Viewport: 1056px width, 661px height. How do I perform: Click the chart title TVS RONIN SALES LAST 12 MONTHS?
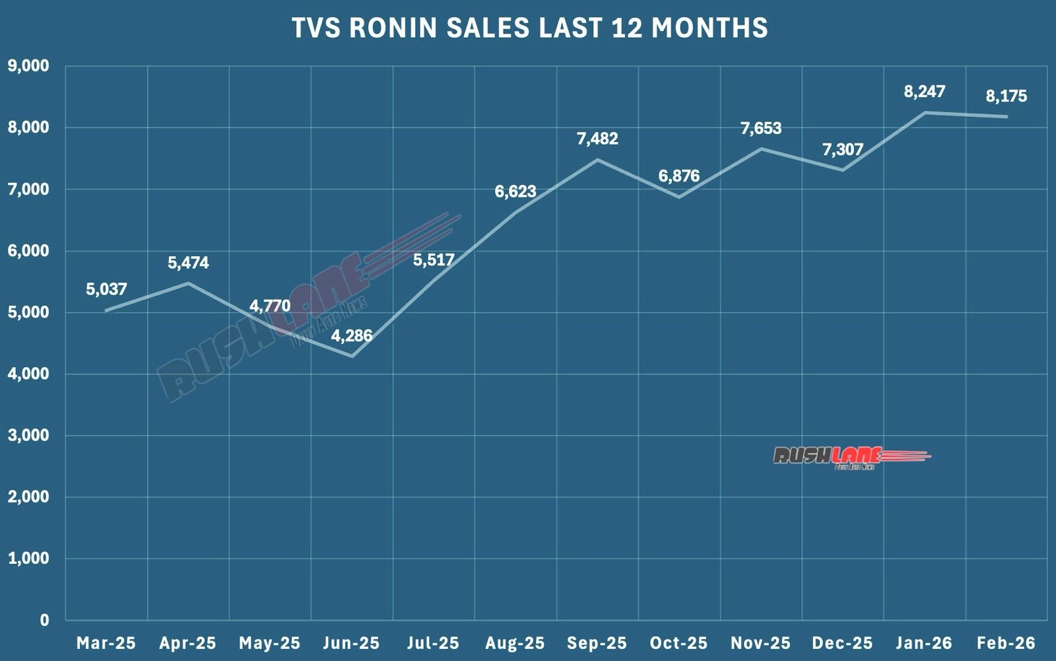coord(529,28)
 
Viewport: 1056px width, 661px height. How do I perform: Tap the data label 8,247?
coord(925,92)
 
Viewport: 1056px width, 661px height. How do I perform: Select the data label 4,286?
coord(352,335)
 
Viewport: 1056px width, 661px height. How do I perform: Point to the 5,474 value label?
coord(188,263)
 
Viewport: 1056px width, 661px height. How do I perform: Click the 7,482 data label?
coord(597,139)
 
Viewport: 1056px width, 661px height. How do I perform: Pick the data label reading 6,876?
coord(679,176)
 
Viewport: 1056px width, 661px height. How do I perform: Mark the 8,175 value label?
coord(1006,96)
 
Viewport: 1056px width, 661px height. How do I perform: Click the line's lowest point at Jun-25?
coord(352,357)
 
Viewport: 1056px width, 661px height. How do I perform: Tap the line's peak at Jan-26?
coord(925,112)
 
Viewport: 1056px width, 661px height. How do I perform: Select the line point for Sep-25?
coord(597,159)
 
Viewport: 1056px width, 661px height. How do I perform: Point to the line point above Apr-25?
coord(188,283)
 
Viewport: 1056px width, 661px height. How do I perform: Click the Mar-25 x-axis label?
coord(106,643)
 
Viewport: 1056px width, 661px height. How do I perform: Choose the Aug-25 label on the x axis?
coord(515,643)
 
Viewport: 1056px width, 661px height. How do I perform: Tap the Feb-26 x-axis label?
coord(1006,643)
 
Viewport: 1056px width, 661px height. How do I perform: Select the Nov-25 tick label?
coord(761,643)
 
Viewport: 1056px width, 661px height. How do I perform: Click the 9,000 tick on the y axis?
coord(28,66)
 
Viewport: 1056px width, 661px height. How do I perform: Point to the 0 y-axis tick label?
coord(44,620)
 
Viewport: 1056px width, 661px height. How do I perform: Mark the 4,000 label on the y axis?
coord(28,374)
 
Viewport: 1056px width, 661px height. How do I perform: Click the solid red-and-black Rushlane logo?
coord(851,456)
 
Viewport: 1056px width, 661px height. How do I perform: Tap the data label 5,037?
coord(106,289)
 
